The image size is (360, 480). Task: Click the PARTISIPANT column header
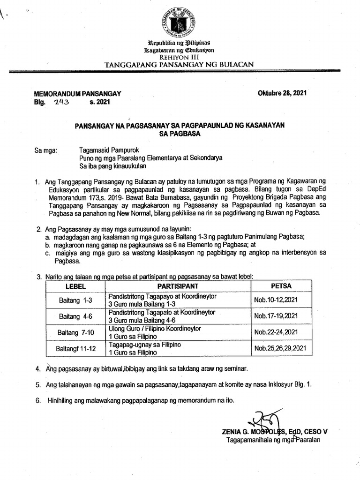point(179,285)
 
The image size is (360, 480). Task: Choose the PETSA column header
point(281,285)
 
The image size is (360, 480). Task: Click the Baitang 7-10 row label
point(73,332)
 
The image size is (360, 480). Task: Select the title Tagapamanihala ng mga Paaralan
point(273,440)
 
